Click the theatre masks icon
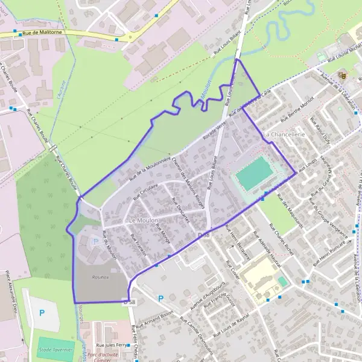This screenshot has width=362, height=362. click(342, 75)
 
